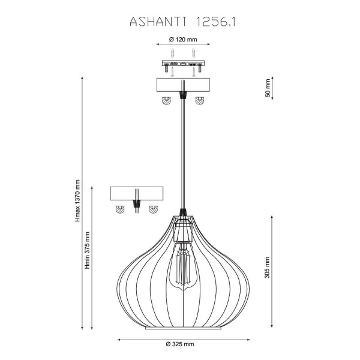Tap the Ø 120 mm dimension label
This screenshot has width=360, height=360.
pos(182,40)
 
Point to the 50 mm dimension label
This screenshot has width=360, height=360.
pos(268,89)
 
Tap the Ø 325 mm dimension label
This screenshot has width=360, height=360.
pos(180,344)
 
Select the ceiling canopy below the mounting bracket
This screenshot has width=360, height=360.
pos(182,85)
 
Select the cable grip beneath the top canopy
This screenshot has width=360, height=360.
pos(182,96)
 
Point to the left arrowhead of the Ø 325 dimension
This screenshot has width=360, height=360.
pos(118,339)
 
